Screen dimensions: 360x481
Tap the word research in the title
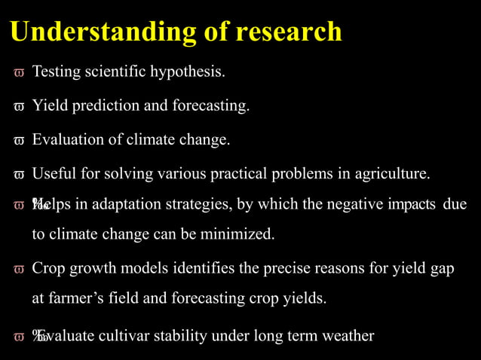point(289,32)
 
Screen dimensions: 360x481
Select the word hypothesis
point(187,73)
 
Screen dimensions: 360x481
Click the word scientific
point(118,73)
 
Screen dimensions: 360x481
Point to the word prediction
point(107,106)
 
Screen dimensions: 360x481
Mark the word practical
point(268,174)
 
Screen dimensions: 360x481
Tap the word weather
point(348,336)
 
